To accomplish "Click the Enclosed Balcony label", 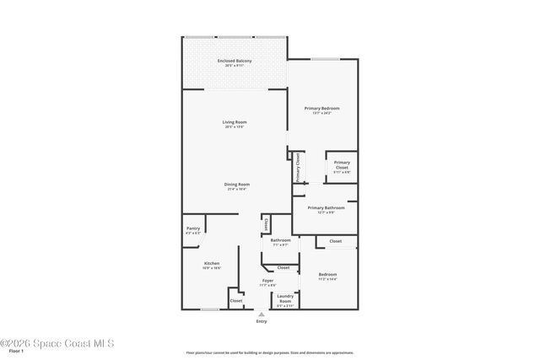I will point(235,62).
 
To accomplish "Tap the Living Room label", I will point(235,123).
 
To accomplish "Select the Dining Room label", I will point(236,185).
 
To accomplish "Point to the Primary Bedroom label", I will point(322,109).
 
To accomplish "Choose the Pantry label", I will point(192,228).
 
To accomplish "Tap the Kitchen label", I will point(212,264).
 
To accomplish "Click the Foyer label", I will point(267,280).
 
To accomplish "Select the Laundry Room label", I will point(285,298).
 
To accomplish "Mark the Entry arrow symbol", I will point(261,314).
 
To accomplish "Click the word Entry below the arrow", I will point(262,321).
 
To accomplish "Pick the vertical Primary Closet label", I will point(298,168).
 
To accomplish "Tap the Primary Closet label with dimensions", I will point(342,165).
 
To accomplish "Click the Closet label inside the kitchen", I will point(236,300).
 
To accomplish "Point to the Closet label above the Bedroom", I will point(335,241).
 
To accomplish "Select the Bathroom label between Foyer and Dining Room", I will point(280,240).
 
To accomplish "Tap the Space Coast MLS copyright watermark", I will point(57,343).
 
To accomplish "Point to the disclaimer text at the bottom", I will point(269,352).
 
